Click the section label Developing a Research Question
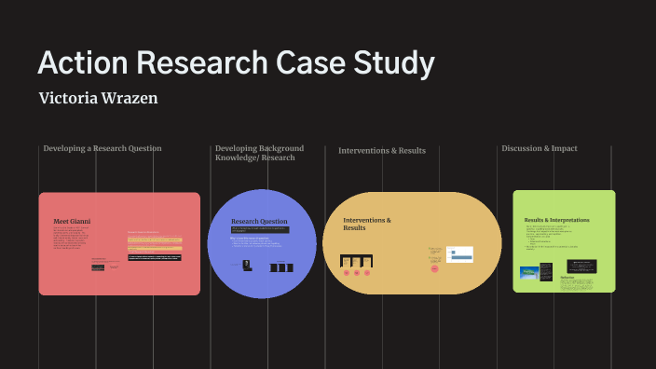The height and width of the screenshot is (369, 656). (x=102, y=148)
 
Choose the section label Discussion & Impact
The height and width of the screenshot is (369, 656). (x=539, y=148)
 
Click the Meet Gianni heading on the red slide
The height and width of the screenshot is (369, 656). (x=72, y=221)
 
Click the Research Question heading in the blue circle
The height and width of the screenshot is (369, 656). (x=259, y=221)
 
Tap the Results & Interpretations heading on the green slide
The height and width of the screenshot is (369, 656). (x=556, y=220)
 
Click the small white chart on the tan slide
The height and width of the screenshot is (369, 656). (x=459, y=253)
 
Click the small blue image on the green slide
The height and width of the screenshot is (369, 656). (x=529, y=273)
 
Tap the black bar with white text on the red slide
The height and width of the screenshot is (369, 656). (x=155, y=256)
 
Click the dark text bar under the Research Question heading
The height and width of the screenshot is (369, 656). (x=260, y=230)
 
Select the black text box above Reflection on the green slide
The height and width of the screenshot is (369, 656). (x=581, y=266)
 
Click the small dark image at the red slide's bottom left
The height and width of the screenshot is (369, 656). (x=98, y=267)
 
